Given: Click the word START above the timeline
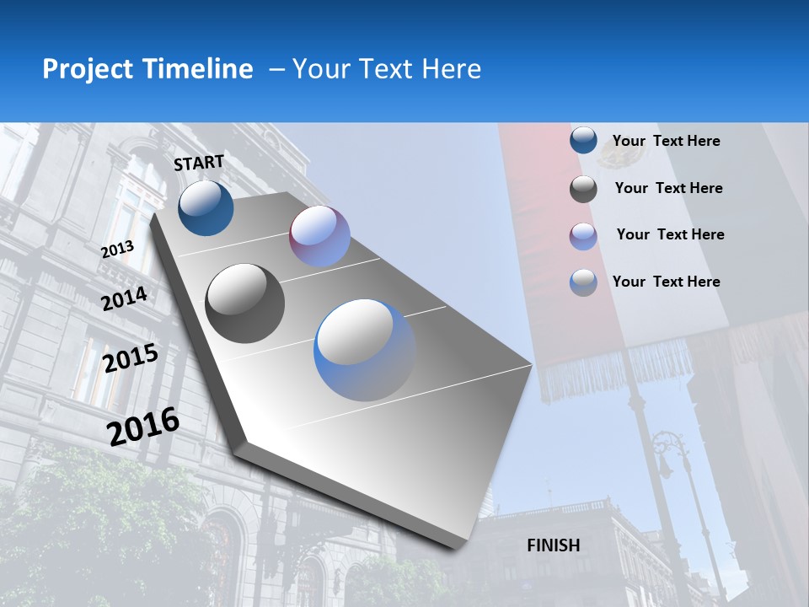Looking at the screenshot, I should pos(199,163).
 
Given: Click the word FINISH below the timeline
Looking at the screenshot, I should pos(553,545).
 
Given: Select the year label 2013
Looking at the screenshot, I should pos(117,250).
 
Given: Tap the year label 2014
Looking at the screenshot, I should pos(124,299).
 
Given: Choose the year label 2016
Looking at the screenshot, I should pos(143,427).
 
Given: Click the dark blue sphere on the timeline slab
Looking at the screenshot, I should pos(206,207).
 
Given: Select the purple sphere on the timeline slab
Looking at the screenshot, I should pos(319,236).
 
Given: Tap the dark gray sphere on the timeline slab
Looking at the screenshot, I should pos(245,303).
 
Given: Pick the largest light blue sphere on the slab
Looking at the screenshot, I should pos(365,350).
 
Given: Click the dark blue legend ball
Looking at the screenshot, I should pos(583,141).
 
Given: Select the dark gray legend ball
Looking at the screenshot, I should pos(583,189).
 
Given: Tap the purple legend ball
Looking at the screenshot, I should pos(583,236).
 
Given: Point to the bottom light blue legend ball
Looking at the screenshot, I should pos(583,282).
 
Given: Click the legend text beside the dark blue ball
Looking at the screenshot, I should pos(666,141).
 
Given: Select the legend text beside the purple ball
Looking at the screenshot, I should pos(670,234).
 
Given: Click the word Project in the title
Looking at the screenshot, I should pos(87,69).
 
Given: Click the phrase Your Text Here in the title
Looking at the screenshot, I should pos(387,69).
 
